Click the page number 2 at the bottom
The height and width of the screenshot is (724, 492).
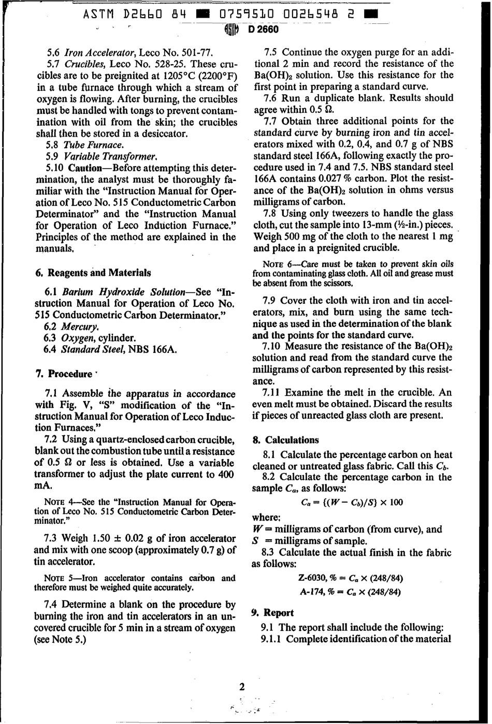pos(241,687)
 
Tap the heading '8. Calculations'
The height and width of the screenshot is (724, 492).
pos(285,440)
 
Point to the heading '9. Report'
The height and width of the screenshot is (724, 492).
pos(272,613)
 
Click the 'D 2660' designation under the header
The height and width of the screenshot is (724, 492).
pos(264,29)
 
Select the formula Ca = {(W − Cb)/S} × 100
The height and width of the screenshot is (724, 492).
pos(351,502)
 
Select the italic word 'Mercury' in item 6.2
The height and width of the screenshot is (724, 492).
pos(80,327)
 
